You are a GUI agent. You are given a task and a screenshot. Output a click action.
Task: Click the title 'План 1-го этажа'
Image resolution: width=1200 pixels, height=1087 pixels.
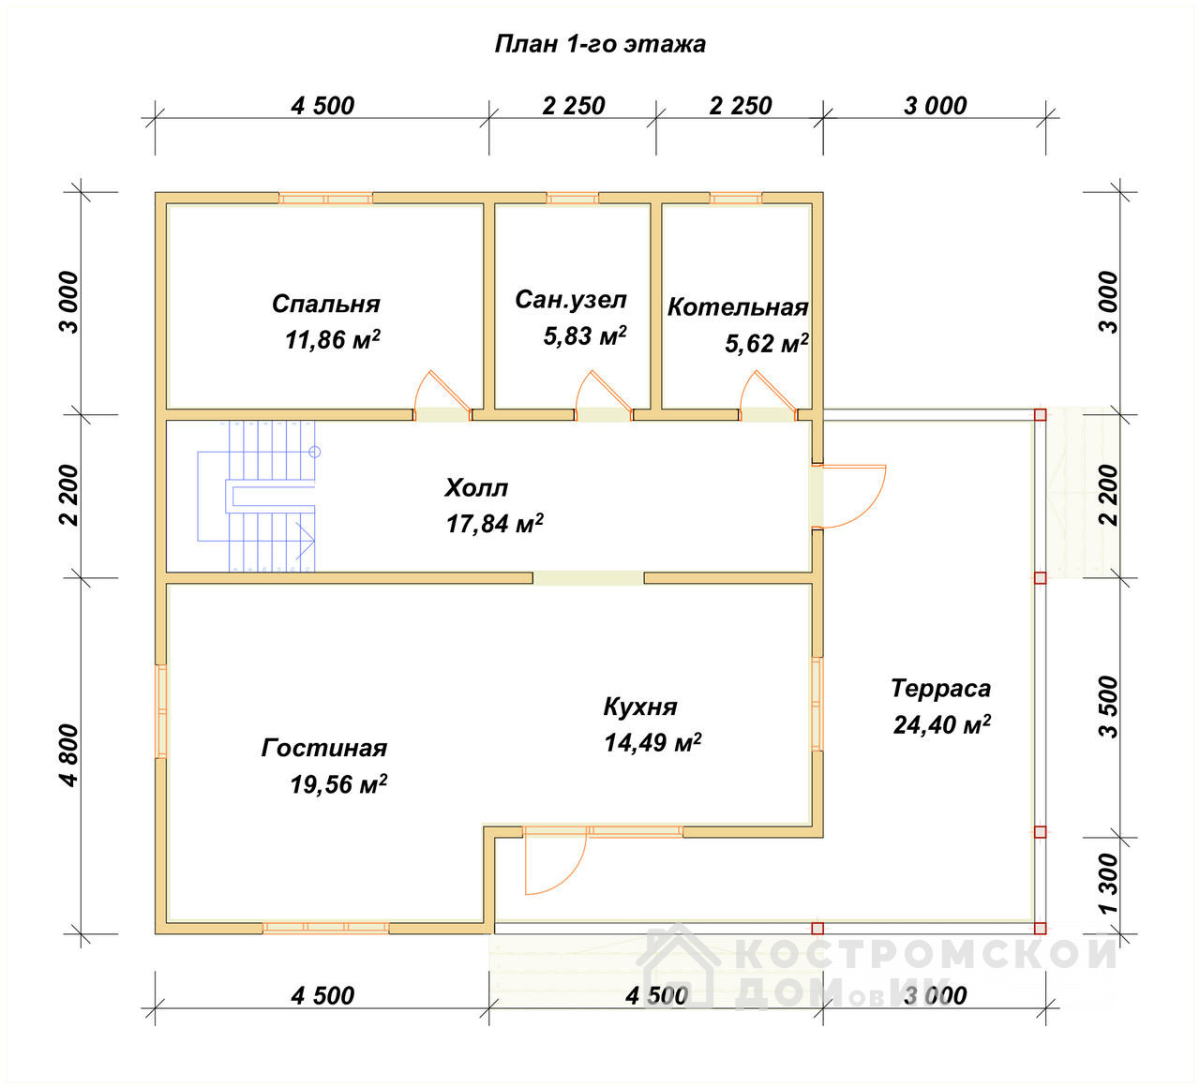(x=600, y=44)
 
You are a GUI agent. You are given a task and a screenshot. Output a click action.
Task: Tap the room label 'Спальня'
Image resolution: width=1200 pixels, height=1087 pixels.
(x=326, y=304)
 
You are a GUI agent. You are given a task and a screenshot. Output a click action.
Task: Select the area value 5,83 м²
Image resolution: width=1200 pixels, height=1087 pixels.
(x=585, y=336)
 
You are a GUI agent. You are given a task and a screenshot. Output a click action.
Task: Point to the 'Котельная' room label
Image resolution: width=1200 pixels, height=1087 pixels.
(x=738, y=306)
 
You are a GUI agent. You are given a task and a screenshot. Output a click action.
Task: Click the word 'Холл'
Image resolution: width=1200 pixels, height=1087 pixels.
(x=476, y=488)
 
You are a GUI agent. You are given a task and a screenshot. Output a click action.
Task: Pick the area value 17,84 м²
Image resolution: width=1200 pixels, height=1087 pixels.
(x=495, y=523)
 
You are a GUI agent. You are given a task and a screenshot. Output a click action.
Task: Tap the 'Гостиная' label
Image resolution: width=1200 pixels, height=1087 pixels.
(x=324, y=748)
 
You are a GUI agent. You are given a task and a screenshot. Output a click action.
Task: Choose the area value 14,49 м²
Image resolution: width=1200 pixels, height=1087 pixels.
(x=652, y=742)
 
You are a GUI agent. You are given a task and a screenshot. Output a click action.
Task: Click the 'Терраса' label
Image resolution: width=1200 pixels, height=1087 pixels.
(x=941, y=688)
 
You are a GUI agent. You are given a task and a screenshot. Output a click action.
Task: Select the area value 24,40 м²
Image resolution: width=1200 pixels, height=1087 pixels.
(x=942, y=724)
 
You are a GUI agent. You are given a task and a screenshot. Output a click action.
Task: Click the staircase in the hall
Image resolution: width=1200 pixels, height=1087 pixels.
(x=257, y=497)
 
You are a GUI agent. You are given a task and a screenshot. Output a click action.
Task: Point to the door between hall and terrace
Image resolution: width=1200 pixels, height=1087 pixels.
(x=849, y=497)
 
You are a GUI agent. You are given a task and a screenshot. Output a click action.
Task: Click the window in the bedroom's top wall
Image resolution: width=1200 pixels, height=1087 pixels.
(x=326, y=198)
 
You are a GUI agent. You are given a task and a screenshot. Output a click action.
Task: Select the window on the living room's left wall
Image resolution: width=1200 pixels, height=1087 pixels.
(x=161, y=711)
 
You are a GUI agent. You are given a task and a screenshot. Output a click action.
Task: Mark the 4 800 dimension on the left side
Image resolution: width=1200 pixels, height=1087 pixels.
(x=70, y=755)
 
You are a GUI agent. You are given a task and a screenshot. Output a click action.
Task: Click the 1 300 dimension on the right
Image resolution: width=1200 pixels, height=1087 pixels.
(x=1108, y=883)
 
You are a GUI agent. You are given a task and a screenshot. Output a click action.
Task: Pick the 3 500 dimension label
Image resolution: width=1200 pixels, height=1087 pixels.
(x=1108, y=707)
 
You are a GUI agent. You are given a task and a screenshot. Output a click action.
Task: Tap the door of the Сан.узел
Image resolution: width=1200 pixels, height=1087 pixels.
(x=603, y=395)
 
